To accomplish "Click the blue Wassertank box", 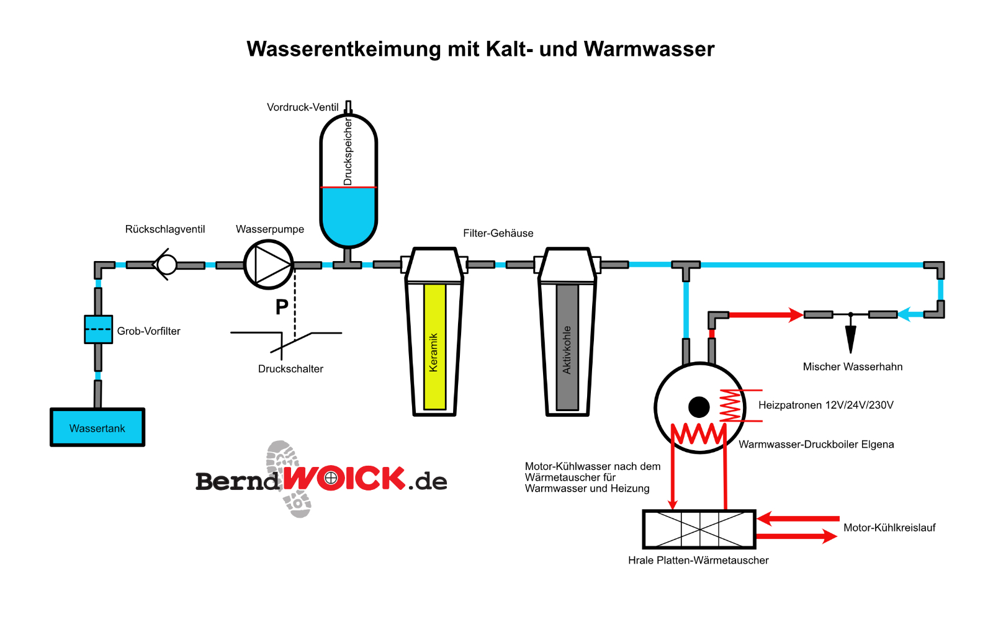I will pos(97,427).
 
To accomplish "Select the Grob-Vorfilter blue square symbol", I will pos(98,329).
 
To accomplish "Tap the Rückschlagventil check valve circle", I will pos(166,265).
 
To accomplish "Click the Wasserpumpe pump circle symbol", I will pos(268,265).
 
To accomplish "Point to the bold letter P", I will pos(282,306).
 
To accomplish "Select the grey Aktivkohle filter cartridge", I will pos(567,347).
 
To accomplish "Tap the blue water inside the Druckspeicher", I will pos(348,214).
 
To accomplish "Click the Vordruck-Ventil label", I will pos(302,107).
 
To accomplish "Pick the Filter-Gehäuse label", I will pos(498,233).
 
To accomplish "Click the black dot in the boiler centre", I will pos(699,407).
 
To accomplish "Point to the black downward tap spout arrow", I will pos(850,339).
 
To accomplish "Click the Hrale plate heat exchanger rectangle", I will pos(699,529).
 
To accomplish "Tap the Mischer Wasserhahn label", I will pos(852,366).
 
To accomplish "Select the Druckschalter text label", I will pos(290,369).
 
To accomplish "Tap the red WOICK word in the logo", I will pos(345,479).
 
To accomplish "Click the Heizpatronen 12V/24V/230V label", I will pos(825,405).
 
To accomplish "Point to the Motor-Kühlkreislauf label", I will pos(889,528).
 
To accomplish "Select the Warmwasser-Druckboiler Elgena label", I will pos(816,444).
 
